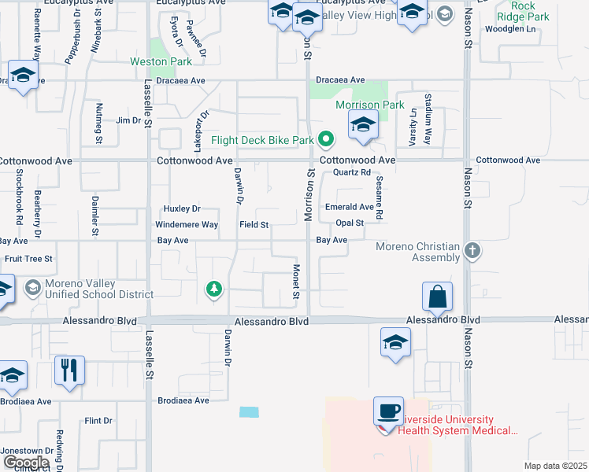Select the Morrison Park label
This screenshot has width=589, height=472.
tap(369, 105)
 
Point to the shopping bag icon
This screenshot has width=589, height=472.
tap(437, 297)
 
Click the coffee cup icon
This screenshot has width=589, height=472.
tap(388, 411)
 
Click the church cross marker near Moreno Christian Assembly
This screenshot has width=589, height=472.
tap(472, 251)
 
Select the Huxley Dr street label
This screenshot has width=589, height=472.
tap(182, 208)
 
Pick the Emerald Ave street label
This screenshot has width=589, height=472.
tap(350, 207)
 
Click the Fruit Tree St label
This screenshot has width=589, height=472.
tap(28, 258)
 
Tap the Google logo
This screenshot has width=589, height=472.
tap(25, 462)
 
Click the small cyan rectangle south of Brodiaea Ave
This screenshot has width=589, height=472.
tap(249, 411)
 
